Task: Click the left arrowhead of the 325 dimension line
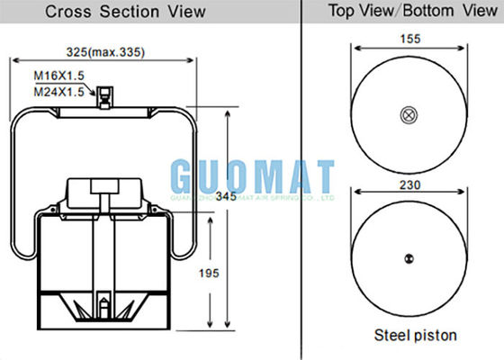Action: coord(13,61)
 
